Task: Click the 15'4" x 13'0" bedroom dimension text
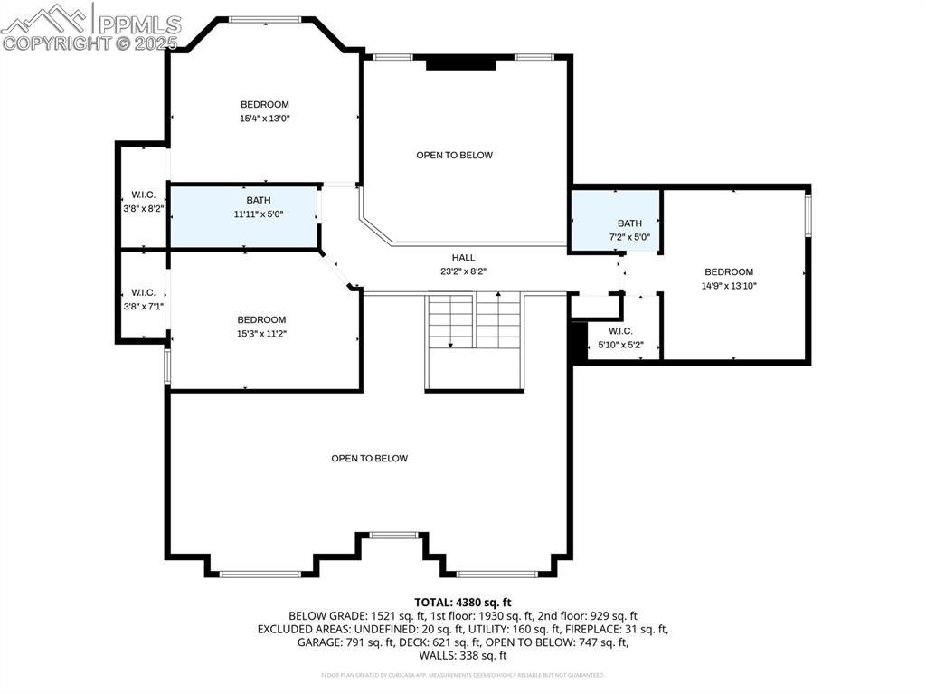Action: tap(264, 118)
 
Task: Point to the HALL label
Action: tap(463, 258)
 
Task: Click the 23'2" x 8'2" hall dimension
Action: tap(463, 271)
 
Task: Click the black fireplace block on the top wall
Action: tap(461, 63)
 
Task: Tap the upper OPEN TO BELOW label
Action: tap(454, 156)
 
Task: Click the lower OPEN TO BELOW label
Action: tap(369, 459)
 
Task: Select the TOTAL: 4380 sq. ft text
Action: tap(463, 602)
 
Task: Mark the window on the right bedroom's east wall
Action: tap(808, 216)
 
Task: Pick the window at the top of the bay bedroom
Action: tap(264, 19)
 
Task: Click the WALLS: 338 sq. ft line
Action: tap(463, 656)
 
